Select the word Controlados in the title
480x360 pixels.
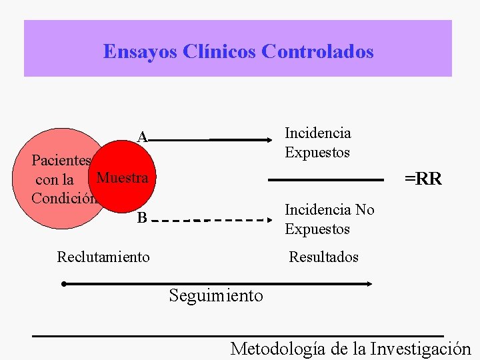coord(318,51)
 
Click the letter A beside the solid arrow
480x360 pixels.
coord(142,137)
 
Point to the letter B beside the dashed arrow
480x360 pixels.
coord(141,218)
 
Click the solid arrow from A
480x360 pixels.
coord(213,140)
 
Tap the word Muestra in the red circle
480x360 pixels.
coord(122,178)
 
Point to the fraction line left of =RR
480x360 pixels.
coord(327,180)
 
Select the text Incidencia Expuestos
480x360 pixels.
coord(317,143)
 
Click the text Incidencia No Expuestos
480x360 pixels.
coord(329,219)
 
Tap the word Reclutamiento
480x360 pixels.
coord(103,257)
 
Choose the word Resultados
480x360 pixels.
coord(323,257)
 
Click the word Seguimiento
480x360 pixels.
coord(216,295)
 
